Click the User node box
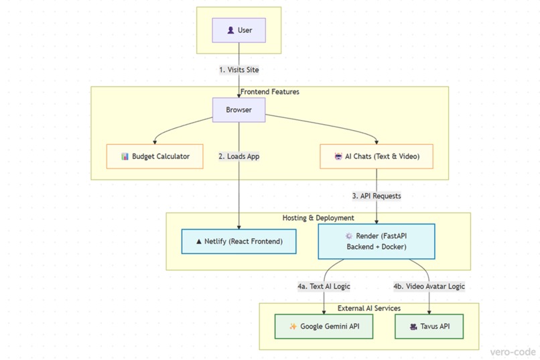tap(239, 30)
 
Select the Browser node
tap(239, 110)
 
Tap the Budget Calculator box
tap(155, 156)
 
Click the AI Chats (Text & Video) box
tap(376, 156)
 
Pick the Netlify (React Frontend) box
tap(239, 241)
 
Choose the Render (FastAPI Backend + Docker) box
tap(376, 241)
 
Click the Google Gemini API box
tap(324, 326)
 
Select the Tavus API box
tap(429, 326)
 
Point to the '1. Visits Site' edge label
tap(239, 70)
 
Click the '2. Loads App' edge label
tap(239, 156)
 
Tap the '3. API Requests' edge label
tap(376, 196)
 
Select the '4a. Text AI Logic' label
tap(324, 286)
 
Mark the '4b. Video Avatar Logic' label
tap(429, 286)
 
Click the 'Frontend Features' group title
tap(270, 92)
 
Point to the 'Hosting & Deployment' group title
tap(318, 218)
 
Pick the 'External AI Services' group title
tap(369, 308)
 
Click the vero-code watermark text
tap(513, 351)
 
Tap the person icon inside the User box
tap(230, 30)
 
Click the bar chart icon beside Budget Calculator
tap(125, 157)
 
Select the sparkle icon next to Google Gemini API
tap(293, 327)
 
